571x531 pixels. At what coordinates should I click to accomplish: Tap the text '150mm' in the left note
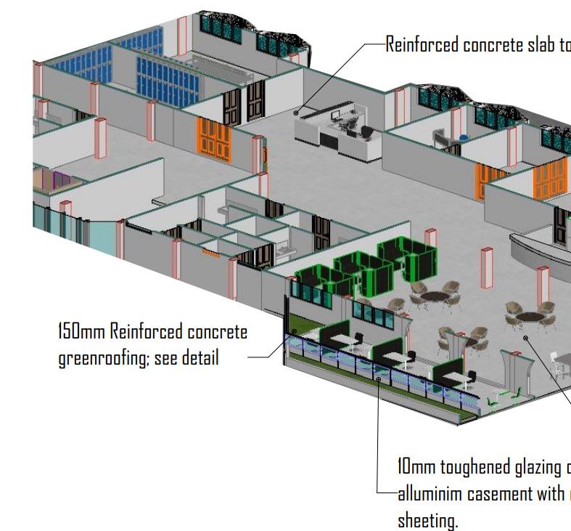(81, 332)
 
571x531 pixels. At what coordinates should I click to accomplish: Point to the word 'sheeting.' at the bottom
(427, 520)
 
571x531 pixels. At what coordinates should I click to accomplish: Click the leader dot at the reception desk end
(296, 113)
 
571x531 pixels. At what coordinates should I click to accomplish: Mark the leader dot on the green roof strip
(295, 331)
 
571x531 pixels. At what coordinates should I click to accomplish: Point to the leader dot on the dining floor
(525, 338)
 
